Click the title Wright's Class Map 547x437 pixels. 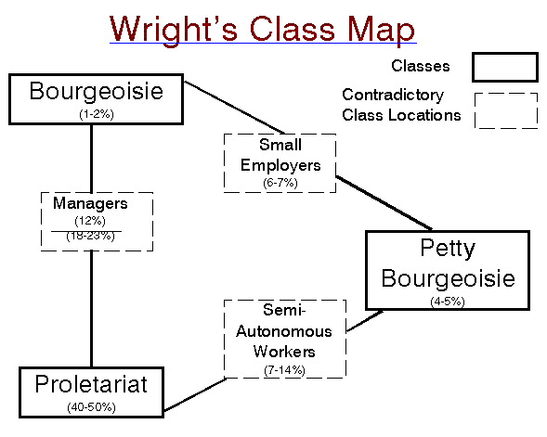click(262, 30)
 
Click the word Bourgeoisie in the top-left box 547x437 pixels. click(96, 91)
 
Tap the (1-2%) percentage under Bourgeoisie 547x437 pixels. click(97, 114)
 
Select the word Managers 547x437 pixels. click(90, 203)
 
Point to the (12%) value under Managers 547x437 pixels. click(90, 221)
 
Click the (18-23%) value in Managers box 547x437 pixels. click(90, 236)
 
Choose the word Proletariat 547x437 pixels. click(91, 384)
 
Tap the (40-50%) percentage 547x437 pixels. click(91, 407)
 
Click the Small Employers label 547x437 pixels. click(280, 155)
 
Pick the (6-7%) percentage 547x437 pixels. click(280, 183)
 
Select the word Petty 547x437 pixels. click(448, 249)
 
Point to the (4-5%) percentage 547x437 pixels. click(448, 302)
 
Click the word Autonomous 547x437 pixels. click(284, 331)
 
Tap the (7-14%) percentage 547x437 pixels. click(284, 370)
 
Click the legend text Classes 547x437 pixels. click(421, 66)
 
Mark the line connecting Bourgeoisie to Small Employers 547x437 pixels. click(234, 108)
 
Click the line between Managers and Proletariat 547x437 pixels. click(91, 309)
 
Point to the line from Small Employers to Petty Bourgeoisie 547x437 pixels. click(384, 203)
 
